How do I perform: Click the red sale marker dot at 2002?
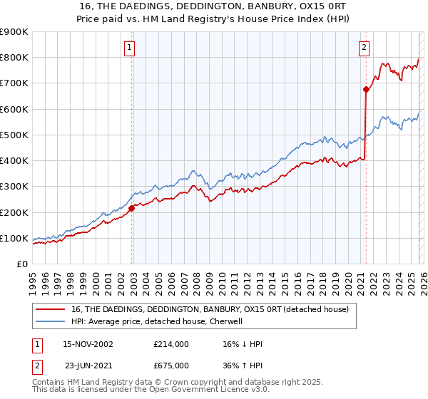132,208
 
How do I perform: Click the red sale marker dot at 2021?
366,89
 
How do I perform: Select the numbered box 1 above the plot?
130,48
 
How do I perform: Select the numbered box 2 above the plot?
364,48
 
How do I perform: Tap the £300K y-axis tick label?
14,187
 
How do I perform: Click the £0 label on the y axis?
21,264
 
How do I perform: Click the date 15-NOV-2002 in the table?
88,344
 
